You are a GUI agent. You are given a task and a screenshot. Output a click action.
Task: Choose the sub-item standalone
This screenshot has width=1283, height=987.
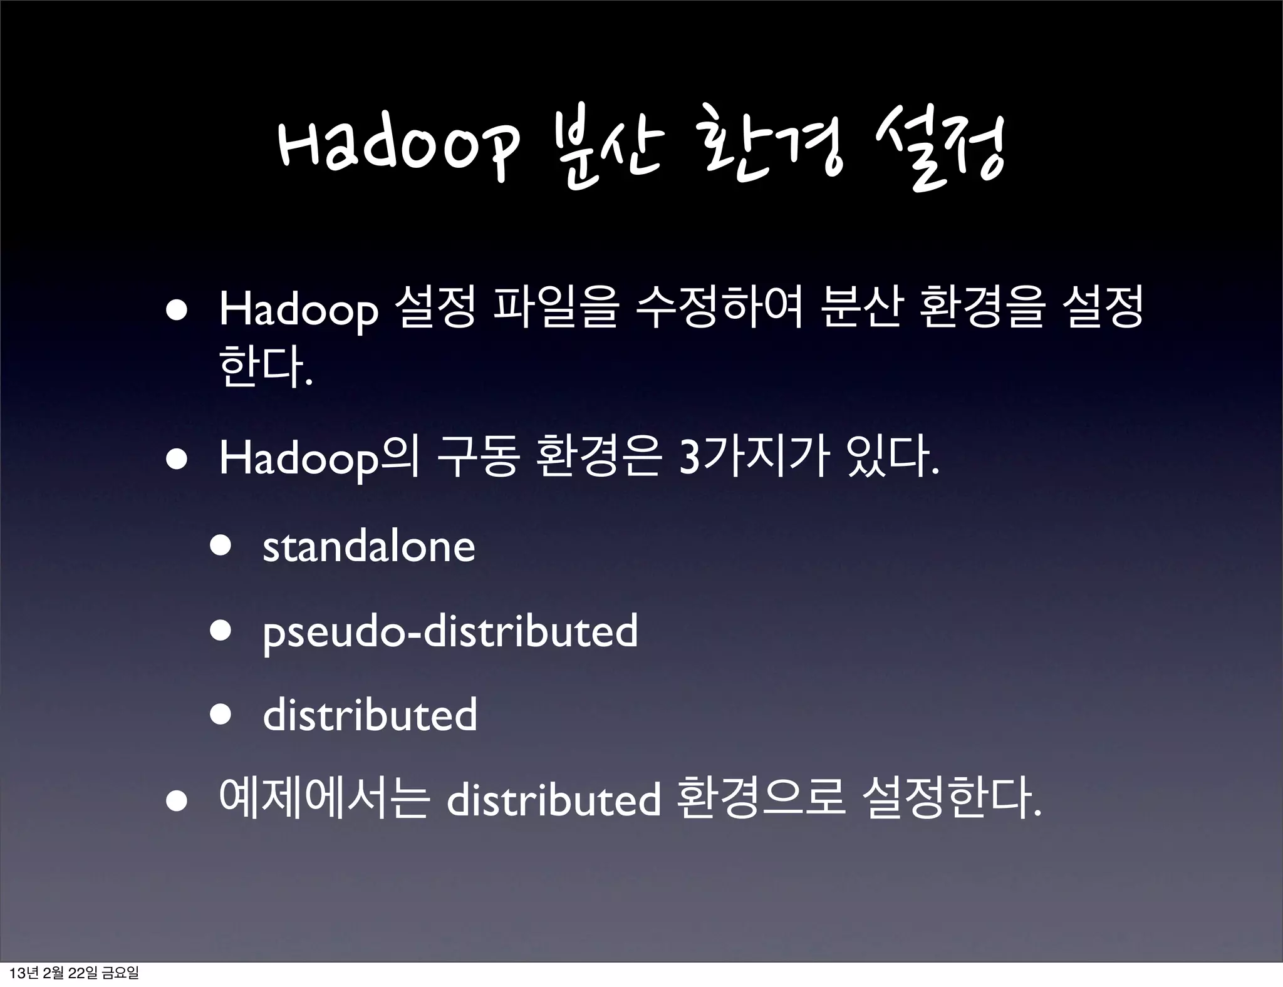368,547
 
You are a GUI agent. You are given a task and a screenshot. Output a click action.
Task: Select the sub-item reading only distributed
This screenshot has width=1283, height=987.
370,715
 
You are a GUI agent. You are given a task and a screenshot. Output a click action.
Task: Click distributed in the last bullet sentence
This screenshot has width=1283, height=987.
553,800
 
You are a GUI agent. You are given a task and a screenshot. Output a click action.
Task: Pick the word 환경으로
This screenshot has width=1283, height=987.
762,800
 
